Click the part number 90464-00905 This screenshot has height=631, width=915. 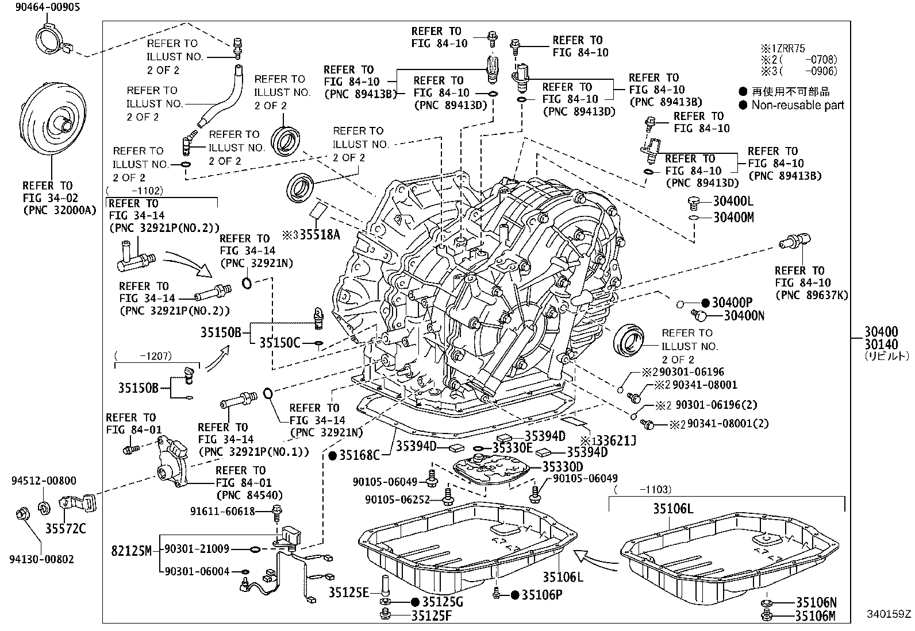[40, 7]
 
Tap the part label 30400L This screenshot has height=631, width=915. [733, 202]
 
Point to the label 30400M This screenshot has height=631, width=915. [733, 218]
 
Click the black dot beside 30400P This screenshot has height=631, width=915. [706, 303]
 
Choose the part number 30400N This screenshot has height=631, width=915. [744, 315]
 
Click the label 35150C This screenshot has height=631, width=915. [279, 343]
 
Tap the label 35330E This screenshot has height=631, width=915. [513, 448]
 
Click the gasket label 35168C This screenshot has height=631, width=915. [359, 455]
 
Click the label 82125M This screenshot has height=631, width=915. [131, 551]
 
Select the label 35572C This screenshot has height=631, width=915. [66, 528]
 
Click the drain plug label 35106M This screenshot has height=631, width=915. [816, 616]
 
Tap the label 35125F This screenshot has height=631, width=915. [431, 616]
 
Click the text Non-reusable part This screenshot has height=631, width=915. [798, 105]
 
